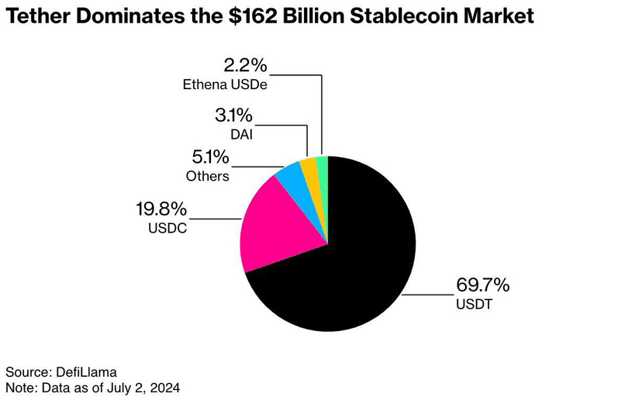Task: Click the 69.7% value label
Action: click(x=482, y=286)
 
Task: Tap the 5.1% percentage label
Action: click(x=208, y=158)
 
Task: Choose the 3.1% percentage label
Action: click(x=233, y=116)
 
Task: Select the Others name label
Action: click(x=207, y=176)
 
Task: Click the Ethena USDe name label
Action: click(x=226, y=84)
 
